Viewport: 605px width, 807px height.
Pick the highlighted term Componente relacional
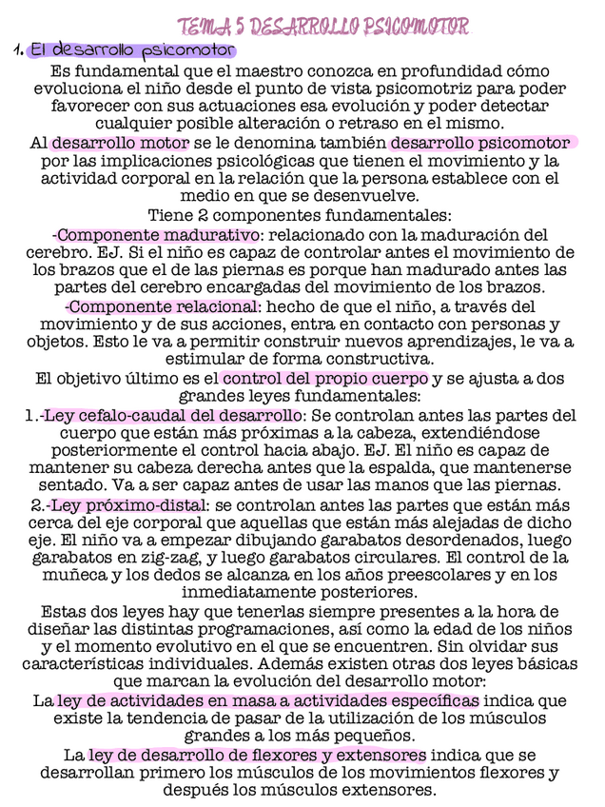[x=161, y=306]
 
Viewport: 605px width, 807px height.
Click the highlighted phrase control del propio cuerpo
[x=325, y=379]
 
